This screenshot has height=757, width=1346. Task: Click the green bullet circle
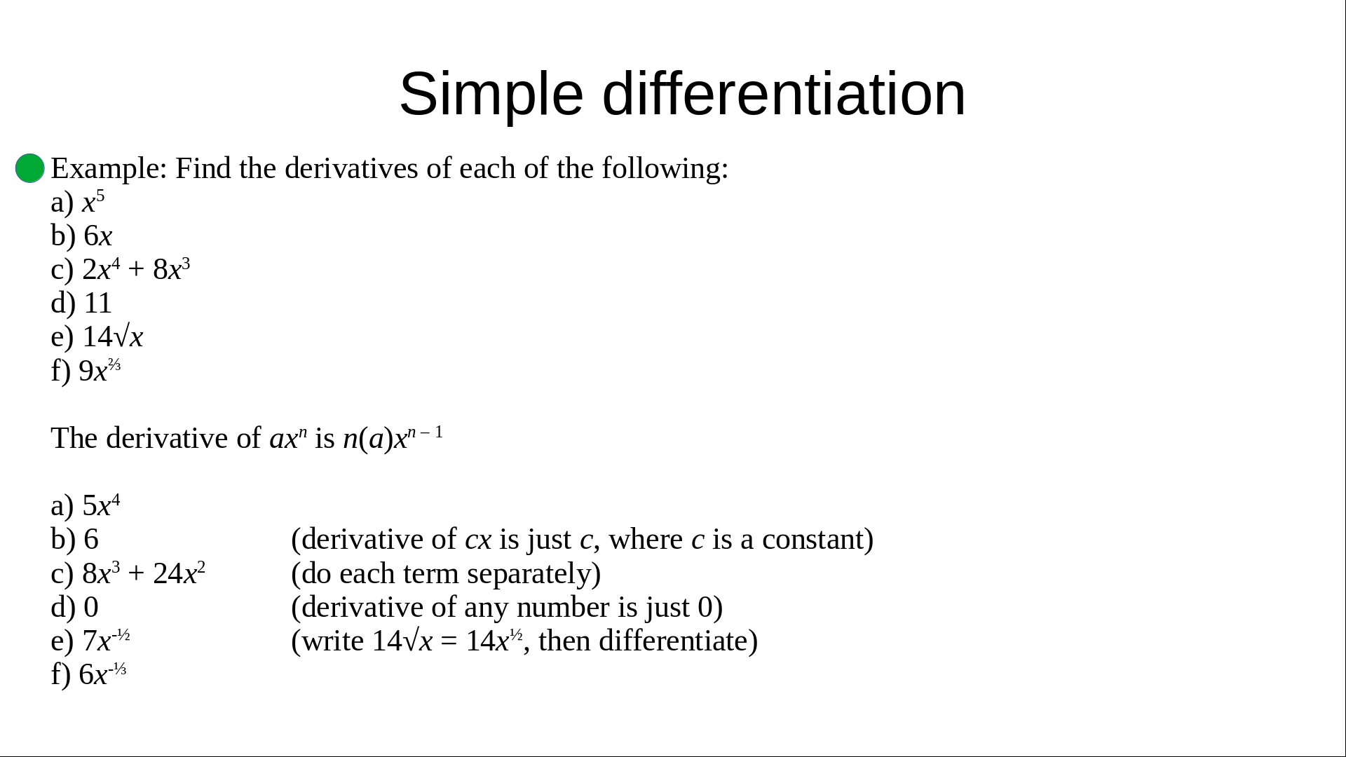pyautogui.click(x=30, y=168)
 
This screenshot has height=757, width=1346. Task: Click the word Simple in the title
pyautogui.click(x=491, y=95)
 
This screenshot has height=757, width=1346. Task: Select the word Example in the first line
pyautogui.click(x=105, y=170)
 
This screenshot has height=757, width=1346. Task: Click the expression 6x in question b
pyautogui.click(x=98, y=236)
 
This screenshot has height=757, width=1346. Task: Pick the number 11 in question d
pyautogui.click(x=97, y=304)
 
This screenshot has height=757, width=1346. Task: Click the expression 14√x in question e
pyautogui.click(x=113, y=337)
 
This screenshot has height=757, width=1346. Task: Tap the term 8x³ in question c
pyautogui.click(x=172, y=269)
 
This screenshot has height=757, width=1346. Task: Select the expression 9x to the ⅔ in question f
pyautogui.click(x=100, y=370)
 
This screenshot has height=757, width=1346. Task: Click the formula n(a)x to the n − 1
pyautogui.click(x=393, y=438)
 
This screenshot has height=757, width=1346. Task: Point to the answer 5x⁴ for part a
pyautogui.click(x=102, y=505)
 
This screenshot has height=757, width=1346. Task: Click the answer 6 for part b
pyautogui.click(x=91, y=540)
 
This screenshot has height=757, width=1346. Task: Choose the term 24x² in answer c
pyautogui.click(x=179, y=573)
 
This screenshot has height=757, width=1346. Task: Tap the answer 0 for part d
pyautogui.click(x=91, y=607)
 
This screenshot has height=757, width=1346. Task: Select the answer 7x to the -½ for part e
pyautogui.click(x=107, y=640)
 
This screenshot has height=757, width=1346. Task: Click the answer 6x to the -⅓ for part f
pyautogui.click(x=102, y=674)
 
